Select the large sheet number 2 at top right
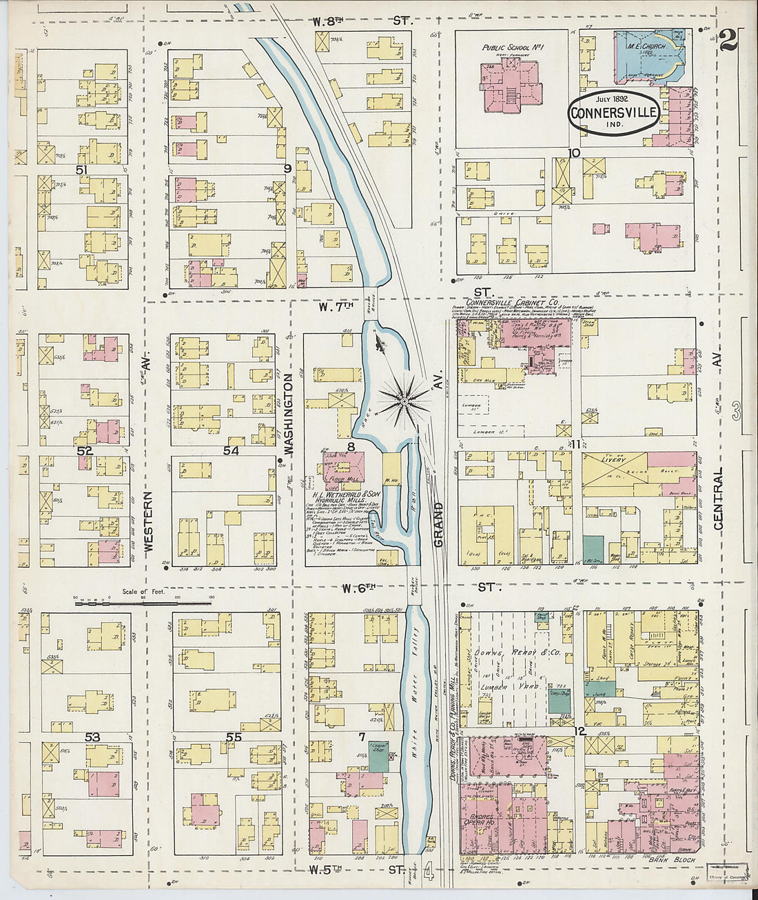728,40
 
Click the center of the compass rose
404,398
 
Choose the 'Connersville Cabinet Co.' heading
512,303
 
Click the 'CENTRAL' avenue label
719,499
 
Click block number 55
234,737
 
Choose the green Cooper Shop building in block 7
378,751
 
